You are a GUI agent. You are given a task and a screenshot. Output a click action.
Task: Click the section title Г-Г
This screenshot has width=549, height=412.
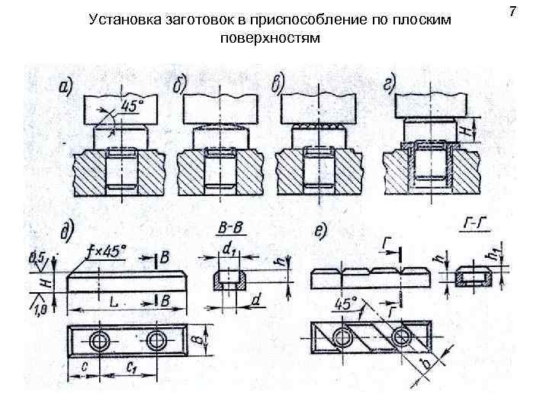pos(474,226)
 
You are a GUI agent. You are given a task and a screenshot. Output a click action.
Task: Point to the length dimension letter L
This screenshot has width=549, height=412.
pos(112,303)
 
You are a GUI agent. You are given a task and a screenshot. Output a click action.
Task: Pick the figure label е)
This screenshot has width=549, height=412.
pos(323,229)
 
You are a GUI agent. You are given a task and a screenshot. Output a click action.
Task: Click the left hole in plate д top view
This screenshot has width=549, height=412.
pos(98,340)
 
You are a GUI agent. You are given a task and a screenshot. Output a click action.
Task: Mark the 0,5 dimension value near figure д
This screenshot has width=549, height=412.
pos(36,256)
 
